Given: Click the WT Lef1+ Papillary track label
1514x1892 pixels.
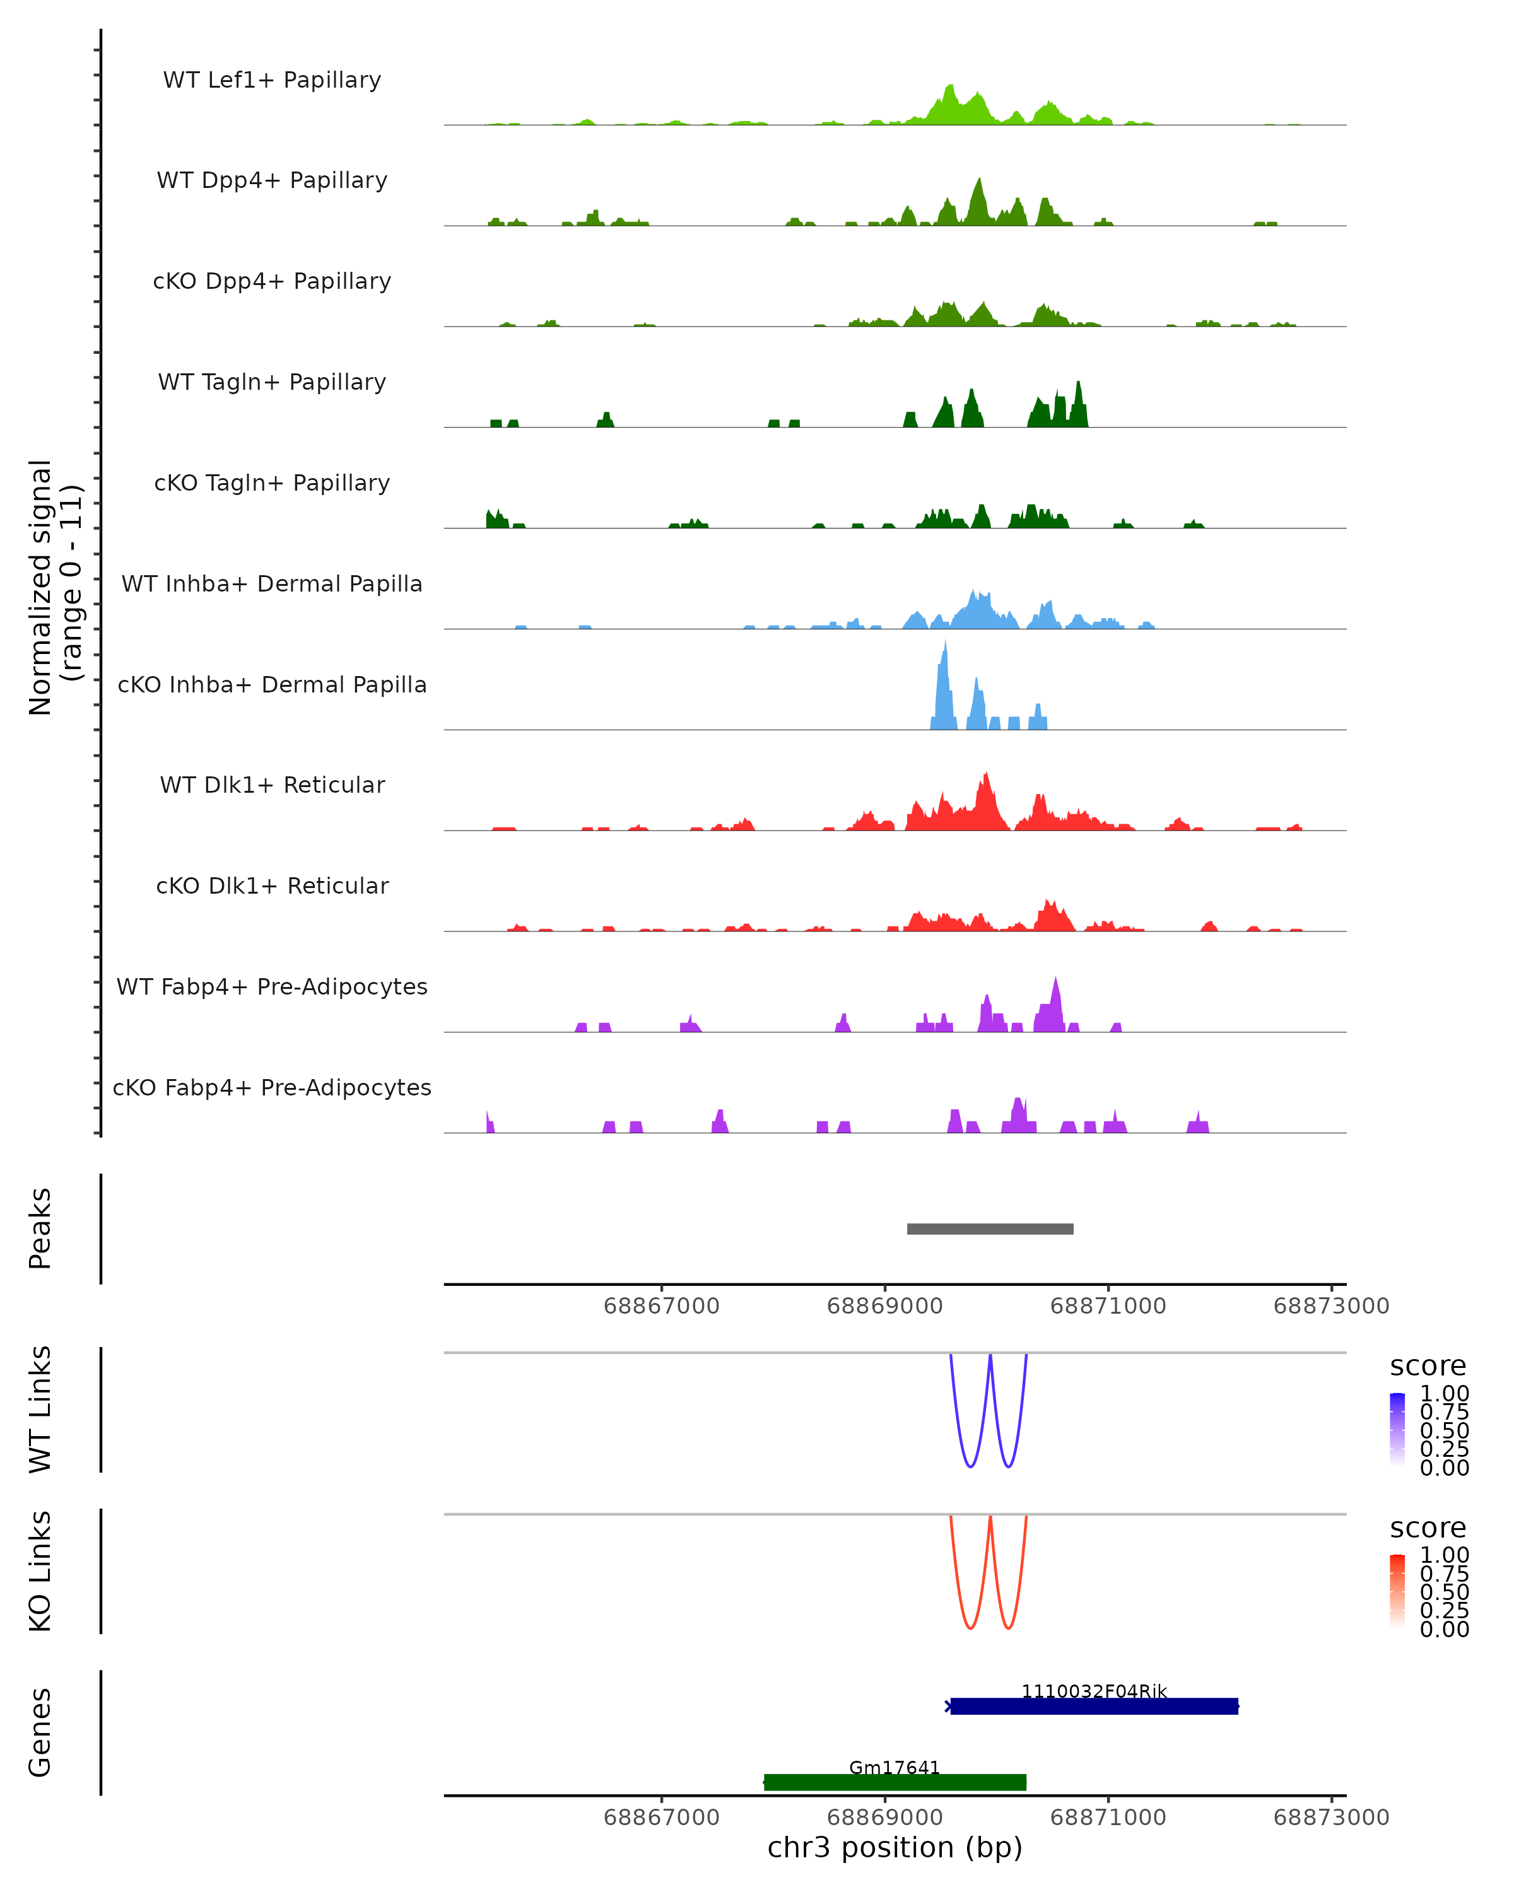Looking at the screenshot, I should click(272, 80).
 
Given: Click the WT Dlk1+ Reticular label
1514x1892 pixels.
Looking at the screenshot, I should click(272, 785).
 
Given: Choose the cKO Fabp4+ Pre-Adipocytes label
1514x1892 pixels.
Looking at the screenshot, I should click(272, 1087).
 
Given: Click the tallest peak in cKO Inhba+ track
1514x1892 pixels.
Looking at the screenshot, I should click(944, 650).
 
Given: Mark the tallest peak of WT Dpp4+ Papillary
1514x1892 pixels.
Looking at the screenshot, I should click(980, 184).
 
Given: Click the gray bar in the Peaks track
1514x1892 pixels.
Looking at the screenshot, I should click(990, 1229).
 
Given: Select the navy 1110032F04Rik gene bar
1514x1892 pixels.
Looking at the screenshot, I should click(1094, 1706).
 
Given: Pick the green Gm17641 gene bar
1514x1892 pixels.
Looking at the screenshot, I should click(895, 1782).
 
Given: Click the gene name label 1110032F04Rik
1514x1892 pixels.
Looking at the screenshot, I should click(1094, 1691).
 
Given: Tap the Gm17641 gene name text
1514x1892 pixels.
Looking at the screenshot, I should click(895, 1767).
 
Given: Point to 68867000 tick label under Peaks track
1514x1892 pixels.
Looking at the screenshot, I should click(661, 1306).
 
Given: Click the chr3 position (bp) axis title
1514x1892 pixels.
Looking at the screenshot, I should click(895, 1848).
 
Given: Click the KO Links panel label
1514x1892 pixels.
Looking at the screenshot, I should click(40, 1572).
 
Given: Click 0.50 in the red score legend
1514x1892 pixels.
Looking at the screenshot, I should click(1444, 1592).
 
